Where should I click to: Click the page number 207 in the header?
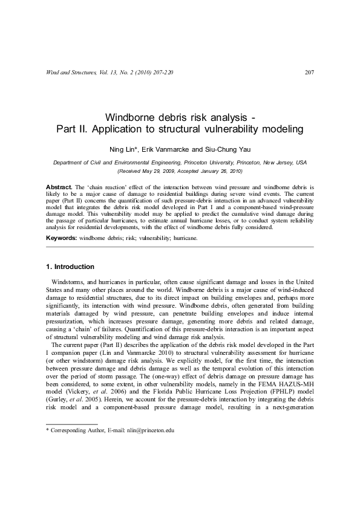pos(309,73)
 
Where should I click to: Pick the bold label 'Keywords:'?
pos(62,238)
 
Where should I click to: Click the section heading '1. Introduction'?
pos(70,267)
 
